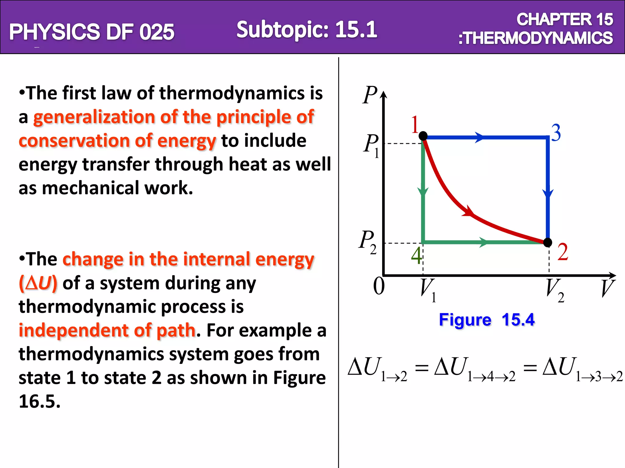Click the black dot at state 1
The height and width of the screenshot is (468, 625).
point(423,136)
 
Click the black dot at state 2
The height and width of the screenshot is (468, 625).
point(548,243)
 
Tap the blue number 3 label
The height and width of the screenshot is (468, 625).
point(556,133)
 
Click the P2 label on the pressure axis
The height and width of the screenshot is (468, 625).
point(368,242)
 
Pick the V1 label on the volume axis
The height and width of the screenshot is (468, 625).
point(427,290)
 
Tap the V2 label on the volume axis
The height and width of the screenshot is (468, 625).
point(554,290)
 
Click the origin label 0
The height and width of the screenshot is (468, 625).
point(379,286)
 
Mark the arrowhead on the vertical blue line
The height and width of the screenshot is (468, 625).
point(548,193)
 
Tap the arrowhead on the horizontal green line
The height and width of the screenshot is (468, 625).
point(483,243)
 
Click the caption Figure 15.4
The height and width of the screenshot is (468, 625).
point(486,320)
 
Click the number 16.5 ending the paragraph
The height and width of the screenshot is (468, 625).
point(39,401)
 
